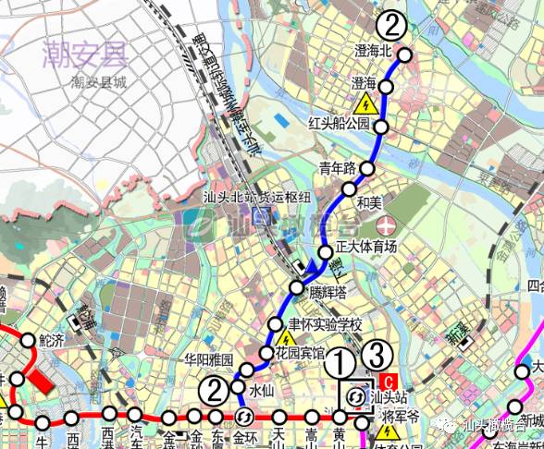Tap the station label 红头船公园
pyautogui.click(x=339, y=123)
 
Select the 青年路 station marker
pyautogui.click(x=367, y=168)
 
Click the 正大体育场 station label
pyautogui.click(x=365, y=247)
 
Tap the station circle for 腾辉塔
pyautogui.click(x=296, y=288)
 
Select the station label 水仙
pyautogui.click(x=264, y=389)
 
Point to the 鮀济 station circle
pyautogui.click(x=28, y=339)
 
